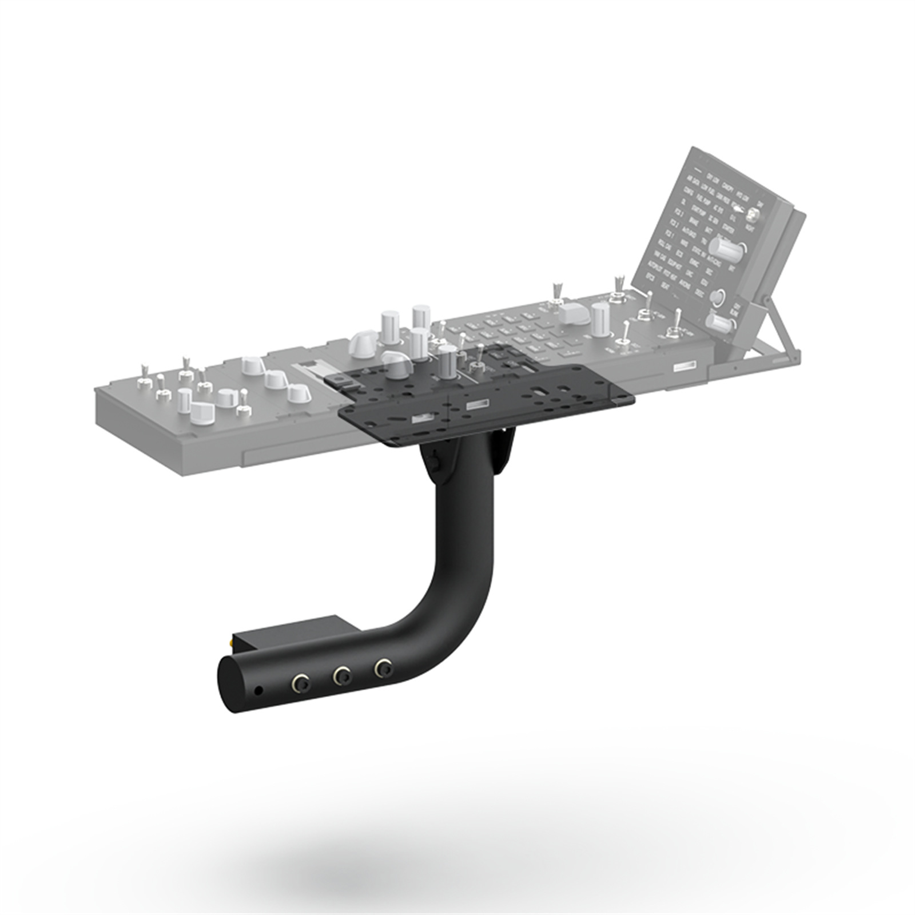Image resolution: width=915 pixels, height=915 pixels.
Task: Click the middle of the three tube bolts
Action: point(343,676)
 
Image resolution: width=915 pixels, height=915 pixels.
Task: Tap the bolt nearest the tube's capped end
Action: point(300,682)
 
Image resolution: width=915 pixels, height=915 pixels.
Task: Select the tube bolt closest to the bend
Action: point(383,667)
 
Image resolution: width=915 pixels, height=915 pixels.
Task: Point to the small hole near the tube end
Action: point(259,691)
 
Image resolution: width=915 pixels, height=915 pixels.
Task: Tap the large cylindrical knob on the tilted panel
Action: point(722,249)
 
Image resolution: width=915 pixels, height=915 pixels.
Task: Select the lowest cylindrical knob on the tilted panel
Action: point(719,324)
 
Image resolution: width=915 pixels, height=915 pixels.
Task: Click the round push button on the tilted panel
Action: point(717,297)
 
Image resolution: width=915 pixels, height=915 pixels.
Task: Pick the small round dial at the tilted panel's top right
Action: point(753,216)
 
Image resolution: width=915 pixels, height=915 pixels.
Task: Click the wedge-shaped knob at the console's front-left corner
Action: point(201,412)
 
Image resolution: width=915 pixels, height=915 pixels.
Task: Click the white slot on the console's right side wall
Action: point(685,366)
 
